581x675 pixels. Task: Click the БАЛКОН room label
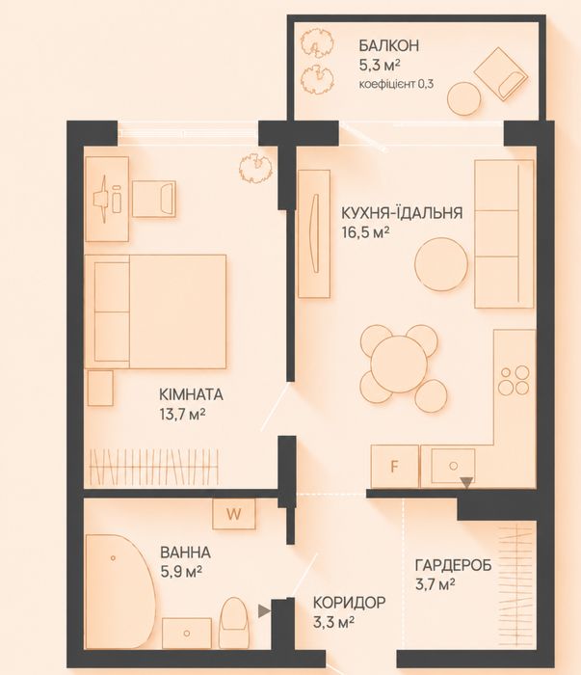388,45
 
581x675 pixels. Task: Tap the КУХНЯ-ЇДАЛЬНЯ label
402,213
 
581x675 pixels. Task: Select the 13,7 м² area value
182,414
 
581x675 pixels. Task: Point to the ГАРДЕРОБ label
453,565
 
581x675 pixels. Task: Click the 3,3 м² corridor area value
333,622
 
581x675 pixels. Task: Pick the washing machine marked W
234,514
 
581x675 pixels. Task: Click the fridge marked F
394,466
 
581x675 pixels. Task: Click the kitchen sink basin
453,466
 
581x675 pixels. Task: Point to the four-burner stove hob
514,380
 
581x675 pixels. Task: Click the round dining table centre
400,364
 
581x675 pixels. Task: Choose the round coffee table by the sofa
441,264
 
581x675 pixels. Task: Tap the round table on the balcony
463,98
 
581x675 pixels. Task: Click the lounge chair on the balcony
501,74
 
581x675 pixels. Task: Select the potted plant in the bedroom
256,167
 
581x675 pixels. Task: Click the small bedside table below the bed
100,389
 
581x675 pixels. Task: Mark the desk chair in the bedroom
154,199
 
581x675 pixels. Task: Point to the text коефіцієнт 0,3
396,84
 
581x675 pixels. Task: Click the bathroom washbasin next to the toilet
187,634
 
